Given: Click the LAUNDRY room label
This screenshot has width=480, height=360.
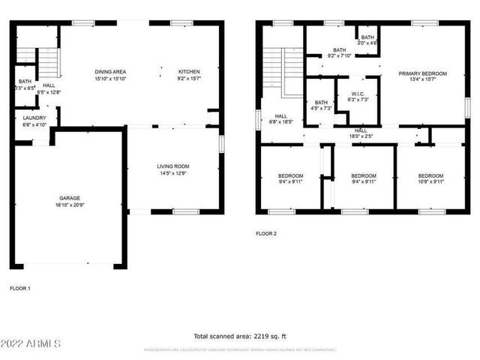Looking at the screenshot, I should coord(34,118).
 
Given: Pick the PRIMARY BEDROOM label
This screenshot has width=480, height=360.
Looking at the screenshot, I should coord(422,73).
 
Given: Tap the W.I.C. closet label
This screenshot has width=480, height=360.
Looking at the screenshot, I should coord(357,94).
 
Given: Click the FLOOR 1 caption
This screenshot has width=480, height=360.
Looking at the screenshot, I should coord(19,288).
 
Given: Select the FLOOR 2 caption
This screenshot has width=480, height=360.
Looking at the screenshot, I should coord(266,234).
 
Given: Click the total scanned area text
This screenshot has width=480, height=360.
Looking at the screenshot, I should coord(240,336).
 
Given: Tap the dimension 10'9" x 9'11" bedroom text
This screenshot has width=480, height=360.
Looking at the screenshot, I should coord(430,181).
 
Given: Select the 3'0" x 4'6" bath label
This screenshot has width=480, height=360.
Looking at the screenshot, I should coord(367,43).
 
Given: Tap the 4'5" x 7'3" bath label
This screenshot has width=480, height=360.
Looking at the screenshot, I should coord(321,109).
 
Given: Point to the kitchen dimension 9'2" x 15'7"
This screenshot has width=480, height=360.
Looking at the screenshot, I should coord(189,78).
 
